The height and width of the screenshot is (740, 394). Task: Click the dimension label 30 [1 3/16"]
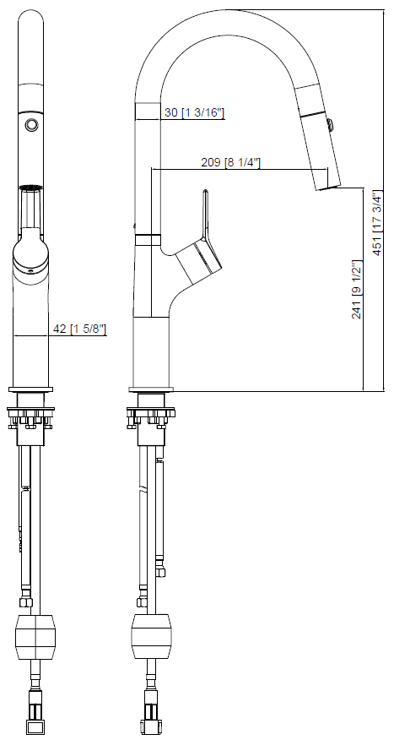pos(194,112)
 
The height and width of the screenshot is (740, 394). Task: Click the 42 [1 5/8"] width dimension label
pos(78,329)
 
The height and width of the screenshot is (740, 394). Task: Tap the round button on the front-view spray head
pos(31,124)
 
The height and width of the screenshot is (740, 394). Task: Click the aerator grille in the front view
pos(31,187)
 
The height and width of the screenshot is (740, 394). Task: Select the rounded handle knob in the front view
pos(30,253)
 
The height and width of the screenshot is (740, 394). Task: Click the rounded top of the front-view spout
pos(31,21)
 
